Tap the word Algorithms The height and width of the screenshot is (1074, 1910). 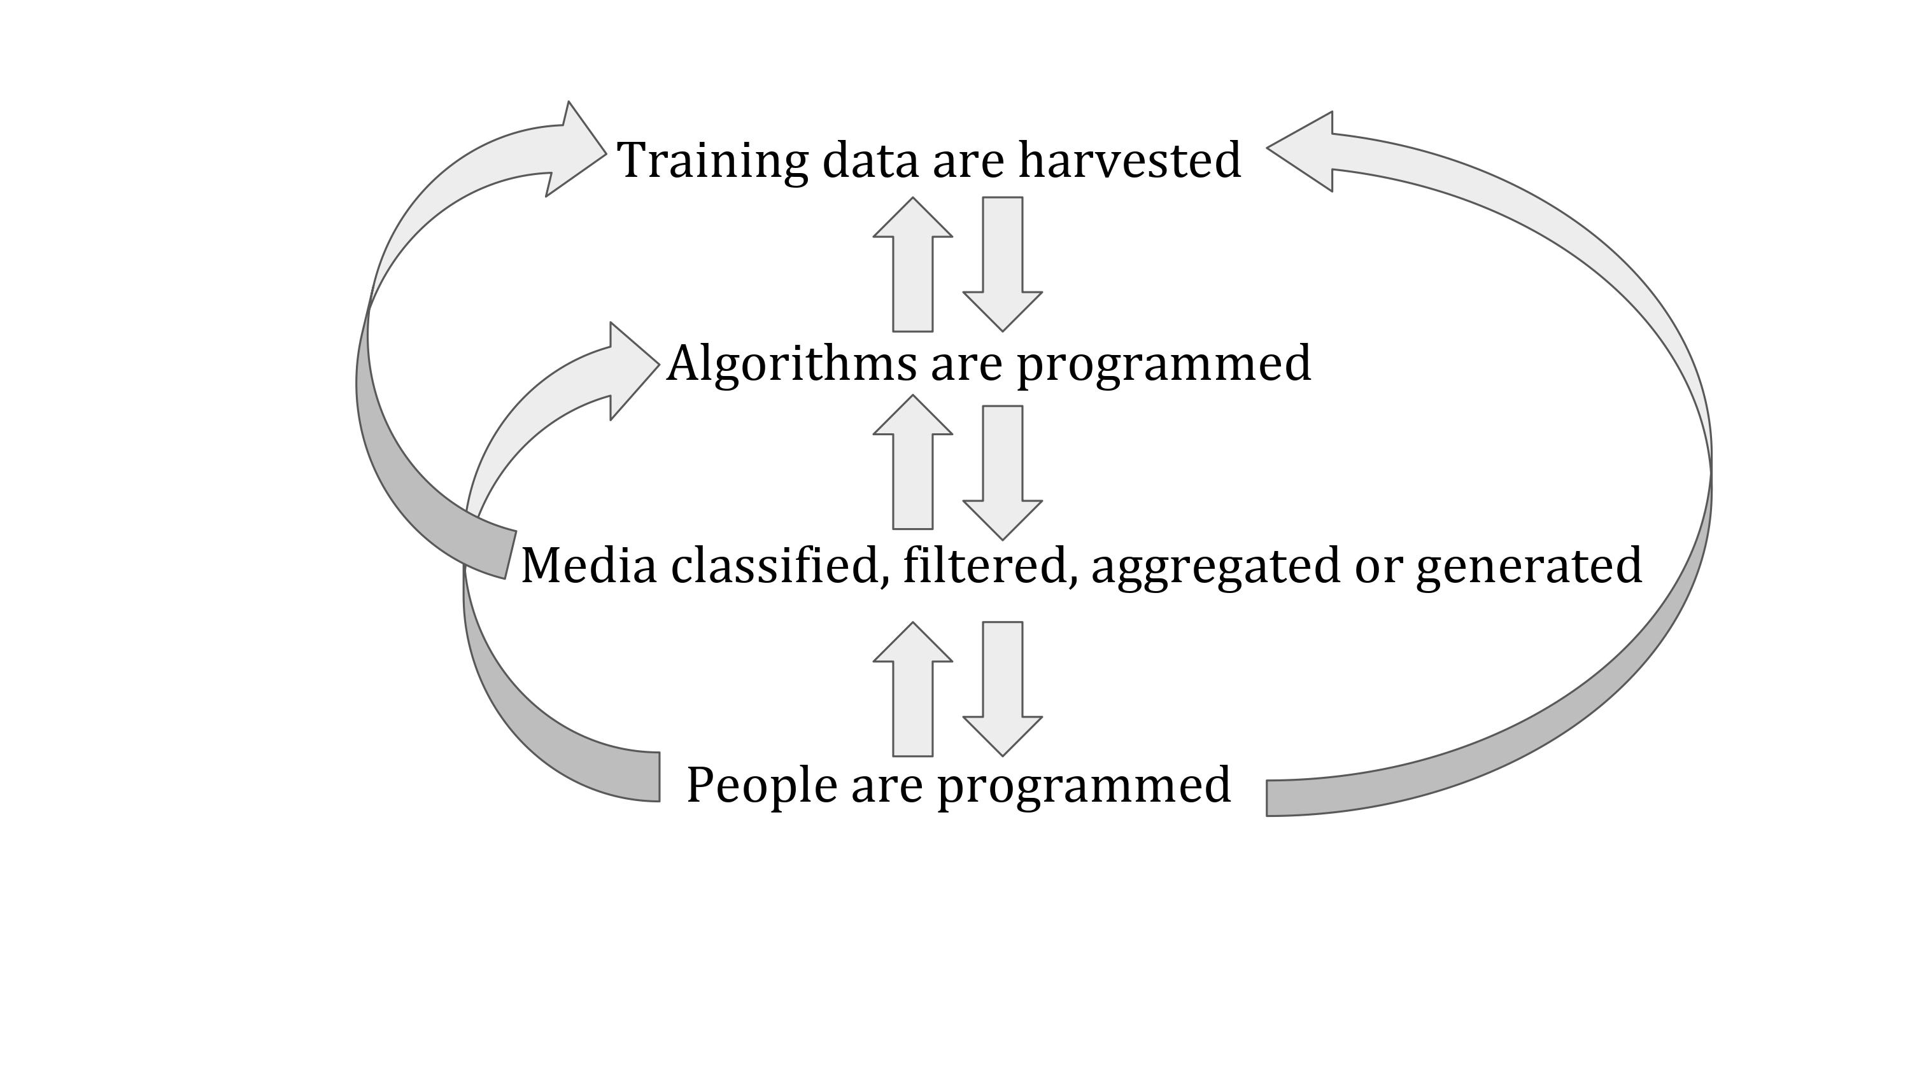click(792, 365)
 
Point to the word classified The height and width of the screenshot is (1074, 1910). click(779, 565)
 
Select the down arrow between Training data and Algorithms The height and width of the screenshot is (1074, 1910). click(1003, 264)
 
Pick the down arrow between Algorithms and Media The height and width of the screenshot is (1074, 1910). click(1003, 473)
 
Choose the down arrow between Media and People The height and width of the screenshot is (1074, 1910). click(1003, 689)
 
